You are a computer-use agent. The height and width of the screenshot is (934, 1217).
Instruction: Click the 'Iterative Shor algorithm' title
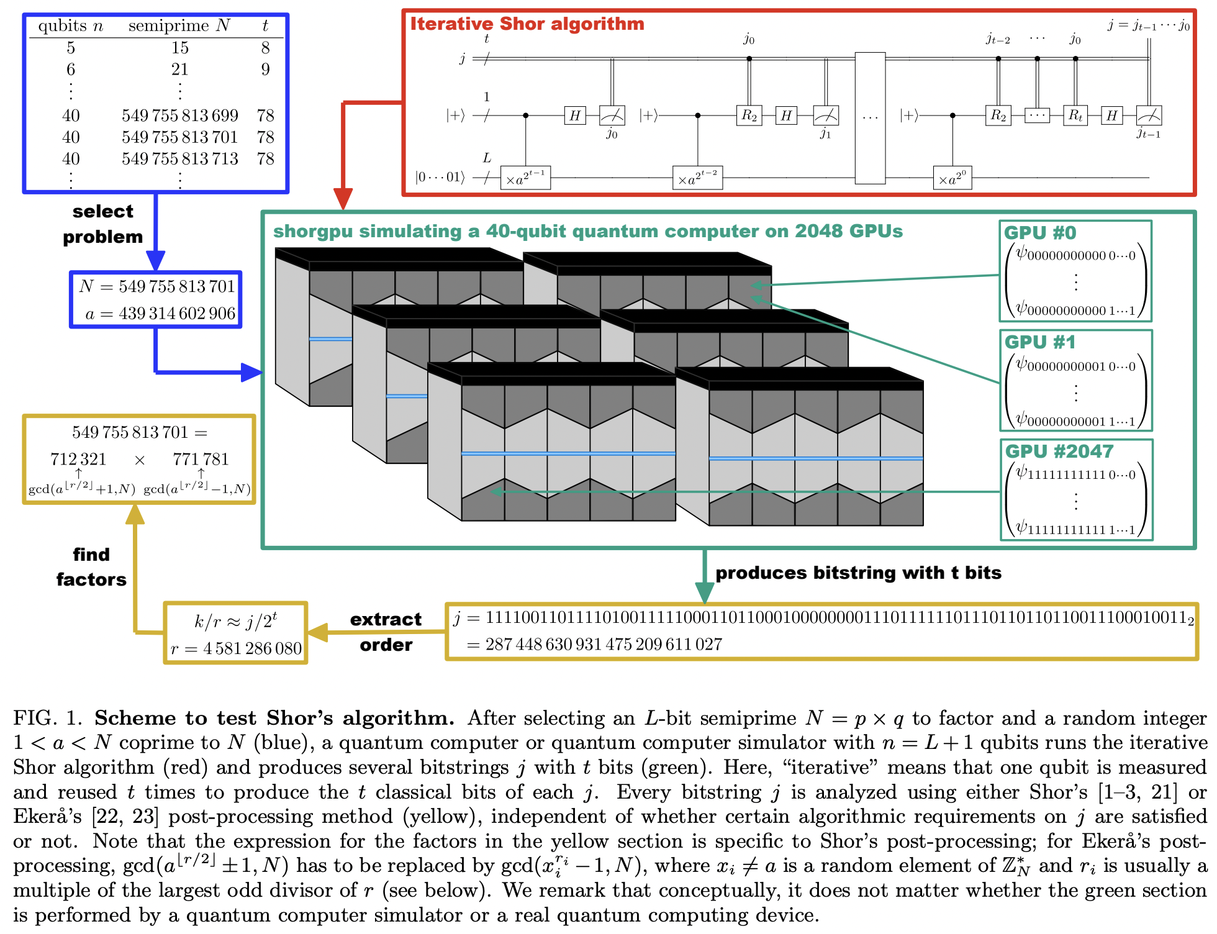pos(527,24)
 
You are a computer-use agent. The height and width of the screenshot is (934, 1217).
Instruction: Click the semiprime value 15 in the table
pos(180,48)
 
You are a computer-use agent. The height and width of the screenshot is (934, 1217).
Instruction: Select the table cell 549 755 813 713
pos(180,159)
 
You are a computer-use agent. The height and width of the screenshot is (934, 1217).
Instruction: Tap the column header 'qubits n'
pos(70,25)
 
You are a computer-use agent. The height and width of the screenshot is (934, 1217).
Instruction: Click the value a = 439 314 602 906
pos(161,314)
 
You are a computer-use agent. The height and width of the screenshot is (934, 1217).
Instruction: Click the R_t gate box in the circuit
pos(1075,116)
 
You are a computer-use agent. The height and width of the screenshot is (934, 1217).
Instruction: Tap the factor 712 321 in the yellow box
pos(78,460)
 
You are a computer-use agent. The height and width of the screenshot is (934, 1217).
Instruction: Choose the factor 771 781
pos(201,460)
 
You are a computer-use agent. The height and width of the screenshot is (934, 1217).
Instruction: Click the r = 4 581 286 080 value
pos(236,649)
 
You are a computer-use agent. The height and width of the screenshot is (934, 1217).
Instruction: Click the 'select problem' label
pos(103,224)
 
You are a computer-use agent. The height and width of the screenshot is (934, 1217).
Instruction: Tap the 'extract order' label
pos(386,632)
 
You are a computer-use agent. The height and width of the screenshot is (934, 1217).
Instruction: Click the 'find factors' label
pos(91,567)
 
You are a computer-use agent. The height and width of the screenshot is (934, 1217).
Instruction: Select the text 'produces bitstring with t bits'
pos(858,573)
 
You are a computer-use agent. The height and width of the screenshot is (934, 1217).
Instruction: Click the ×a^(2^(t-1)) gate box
pos(525,178)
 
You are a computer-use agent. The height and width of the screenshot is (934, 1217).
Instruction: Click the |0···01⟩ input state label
pos(440,178)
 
